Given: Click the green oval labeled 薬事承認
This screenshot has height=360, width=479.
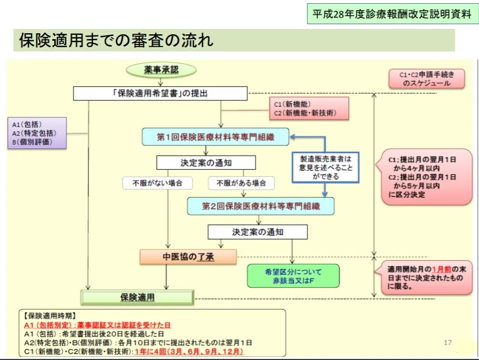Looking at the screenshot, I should [x=161, y=70].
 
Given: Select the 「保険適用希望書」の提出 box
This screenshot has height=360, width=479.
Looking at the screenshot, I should [x=160, y=93].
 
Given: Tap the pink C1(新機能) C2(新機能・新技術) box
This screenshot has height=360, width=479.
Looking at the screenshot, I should [x=308, y=109].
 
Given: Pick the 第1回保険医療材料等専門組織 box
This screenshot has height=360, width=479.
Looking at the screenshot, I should [x=215, y=137].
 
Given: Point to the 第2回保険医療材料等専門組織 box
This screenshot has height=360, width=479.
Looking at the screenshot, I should [x=260, y=205].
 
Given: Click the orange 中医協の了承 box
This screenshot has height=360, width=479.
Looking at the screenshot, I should [x=188, y=257].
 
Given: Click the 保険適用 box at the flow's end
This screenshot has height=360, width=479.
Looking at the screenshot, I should [x=137, y=296].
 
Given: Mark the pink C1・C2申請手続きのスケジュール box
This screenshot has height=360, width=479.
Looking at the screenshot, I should [x=427, y=79].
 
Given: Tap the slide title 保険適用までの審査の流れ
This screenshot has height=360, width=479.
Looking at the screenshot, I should [x=116, y=41].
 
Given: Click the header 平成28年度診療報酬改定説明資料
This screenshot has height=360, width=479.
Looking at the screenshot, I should [x=393, y=14].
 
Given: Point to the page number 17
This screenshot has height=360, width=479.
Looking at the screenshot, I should [x=448, y=342].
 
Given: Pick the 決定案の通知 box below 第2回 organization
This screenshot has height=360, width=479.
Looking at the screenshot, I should [x=258, y=232].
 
